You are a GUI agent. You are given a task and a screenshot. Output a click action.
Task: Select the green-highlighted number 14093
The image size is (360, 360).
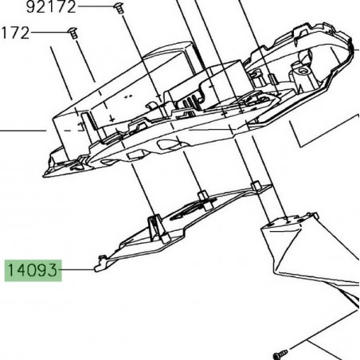[x=33, y=271]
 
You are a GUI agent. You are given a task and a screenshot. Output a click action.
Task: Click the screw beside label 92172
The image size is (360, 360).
[x=118, y=8]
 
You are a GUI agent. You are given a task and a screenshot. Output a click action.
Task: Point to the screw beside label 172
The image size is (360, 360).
[x=72, y=33]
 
